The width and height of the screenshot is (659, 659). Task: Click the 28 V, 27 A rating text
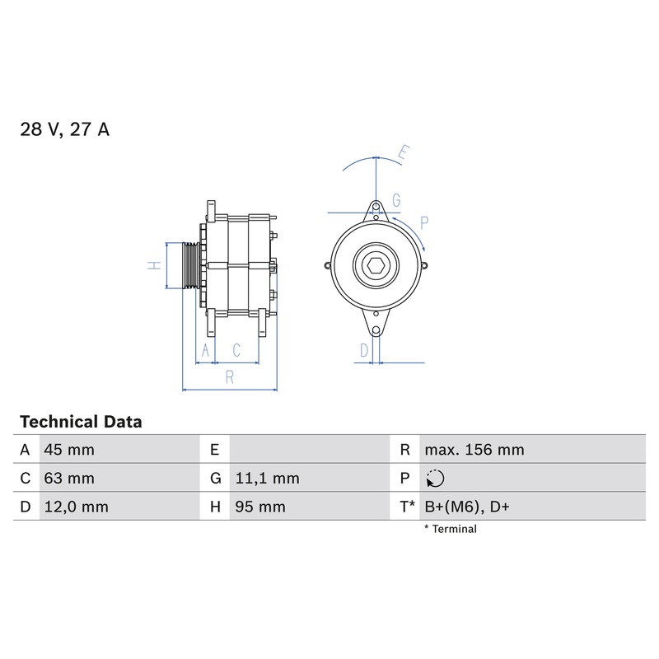click(x=65, y=129)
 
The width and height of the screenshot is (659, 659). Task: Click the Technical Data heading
click(x=81, y=422)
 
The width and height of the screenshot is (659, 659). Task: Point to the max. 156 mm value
click(x=474, y=450)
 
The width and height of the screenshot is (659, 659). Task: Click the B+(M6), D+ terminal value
click(x=467, y=507)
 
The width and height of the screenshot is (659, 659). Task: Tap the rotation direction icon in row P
click(x=435, y=479)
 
